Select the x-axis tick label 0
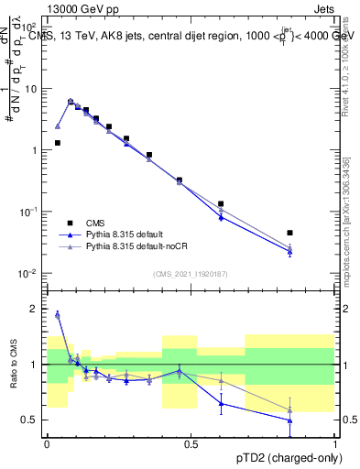(x=47, y=443)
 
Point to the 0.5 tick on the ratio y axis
(x=29, y=420)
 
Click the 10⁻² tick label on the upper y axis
(x=28, y=273)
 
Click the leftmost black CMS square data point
(x=58, y=143)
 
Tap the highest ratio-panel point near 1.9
(x=58, y=314)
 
